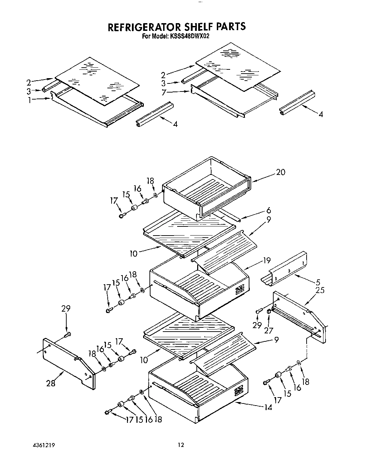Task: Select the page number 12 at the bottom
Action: point(180,445)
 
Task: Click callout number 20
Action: point(280,172)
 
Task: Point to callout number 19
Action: point(267,260)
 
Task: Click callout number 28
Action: point(51,383)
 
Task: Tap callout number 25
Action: point(320,290)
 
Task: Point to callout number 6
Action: point(268,210)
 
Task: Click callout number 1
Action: point(30,100)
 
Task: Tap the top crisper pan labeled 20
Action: point(207,189)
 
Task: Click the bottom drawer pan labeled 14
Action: point(196,393)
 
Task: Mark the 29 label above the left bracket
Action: point(66,309)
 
